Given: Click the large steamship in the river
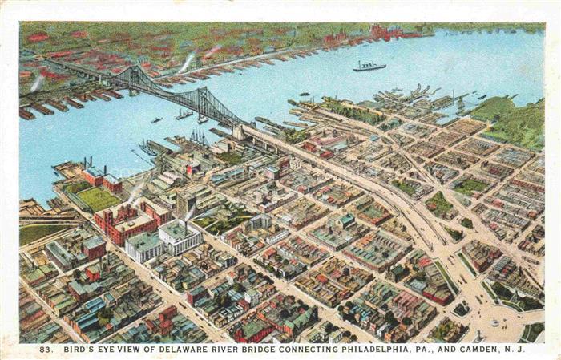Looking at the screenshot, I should pyautogui.click(x=369, y=66).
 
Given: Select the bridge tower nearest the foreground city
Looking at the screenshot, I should pyautogui.click(x=204, y=102).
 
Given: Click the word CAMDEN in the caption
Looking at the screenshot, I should pyautogui.click(x=479, y=349).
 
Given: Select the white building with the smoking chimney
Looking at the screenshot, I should pyautogui.click(x=180, y=236).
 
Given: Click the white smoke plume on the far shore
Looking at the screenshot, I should pyautogui.click(x=187, y=62).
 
